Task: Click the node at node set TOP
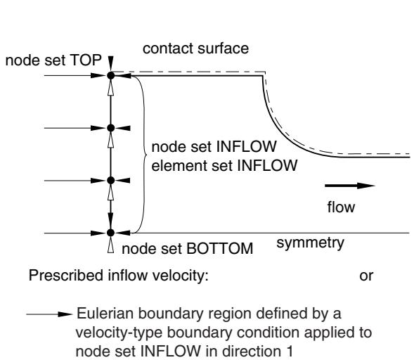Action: click(111, 75)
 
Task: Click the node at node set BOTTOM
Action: click(111, 233)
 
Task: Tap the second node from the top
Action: click(111, 128)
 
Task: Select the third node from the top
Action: click(111, 181)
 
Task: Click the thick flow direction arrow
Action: click(350, 186)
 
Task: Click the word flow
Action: click(341, 207)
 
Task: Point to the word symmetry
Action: click(310, 243)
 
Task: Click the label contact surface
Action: click(195, 49)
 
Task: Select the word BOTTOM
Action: click(220, 249)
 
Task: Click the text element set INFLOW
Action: click(224, 166)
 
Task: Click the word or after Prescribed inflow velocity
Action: click(366, 276)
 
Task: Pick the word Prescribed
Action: click(66, 276)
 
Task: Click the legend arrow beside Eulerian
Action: click(49, 314)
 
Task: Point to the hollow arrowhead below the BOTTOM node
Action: click(111, 245)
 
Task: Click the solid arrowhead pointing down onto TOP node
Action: click(111, 63)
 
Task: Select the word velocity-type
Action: click(119, 333)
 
